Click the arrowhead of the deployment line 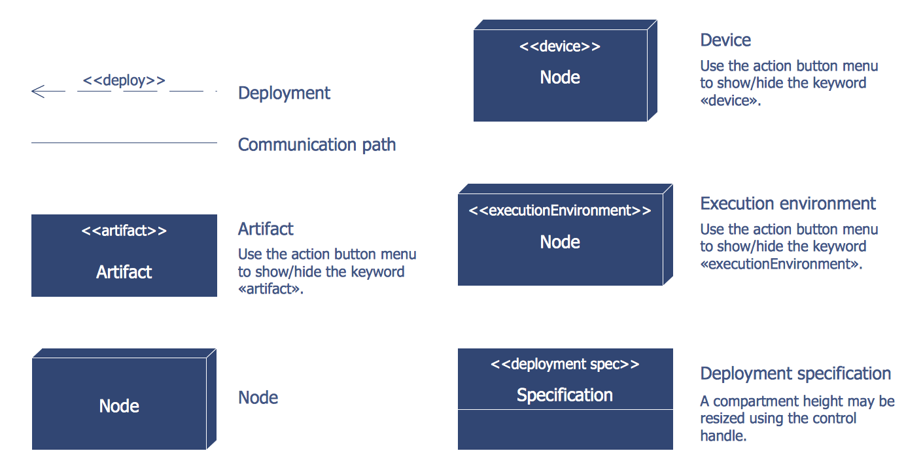click(37, 92)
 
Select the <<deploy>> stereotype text click(124, 80)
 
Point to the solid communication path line click(124, 143)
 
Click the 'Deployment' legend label click(284, 93)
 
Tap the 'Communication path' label click(317, 144)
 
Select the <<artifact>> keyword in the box click(124, 231)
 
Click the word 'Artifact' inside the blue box click(124, 272)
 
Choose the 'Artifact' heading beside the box click(266, 229)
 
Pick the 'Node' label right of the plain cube click(258, 397)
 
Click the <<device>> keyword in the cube click(560, 46)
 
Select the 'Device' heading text click(725, 40)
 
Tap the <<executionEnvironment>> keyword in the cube click(560, 210)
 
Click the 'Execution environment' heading click(788, 203)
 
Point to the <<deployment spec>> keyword click(565, 364)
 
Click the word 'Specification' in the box click(565, 395)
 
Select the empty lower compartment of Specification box click(565, 429)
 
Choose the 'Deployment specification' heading click(795, 373)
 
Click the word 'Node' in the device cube click(560, 77)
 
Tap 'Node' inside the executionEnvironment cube click(560, 242)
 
